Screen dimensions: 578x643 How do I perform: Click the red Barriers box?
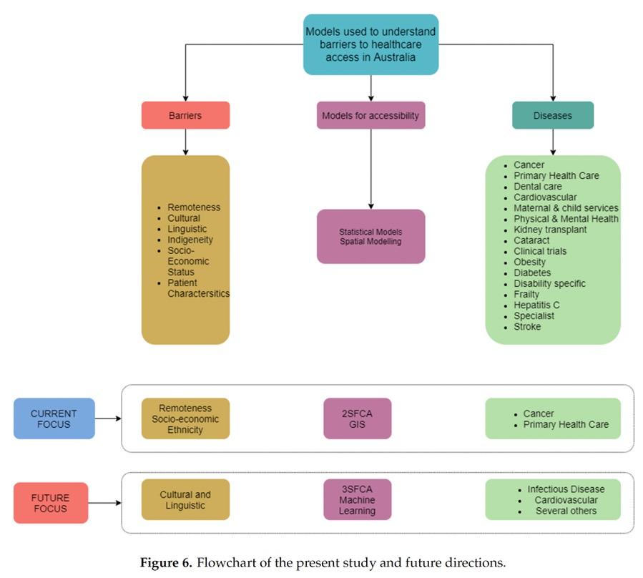click(x=185, y=115)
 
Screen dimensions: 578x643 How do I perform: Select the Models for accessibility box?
click(x=370, y=115)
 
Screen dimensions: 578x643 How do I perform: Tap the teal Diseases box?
click(x=552, y=115)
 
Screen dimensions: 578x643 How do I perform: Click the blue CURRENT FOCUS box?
click(x=54, y=418)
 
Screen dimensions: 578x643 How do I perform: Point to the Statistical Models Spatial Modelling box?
click(x=370, y=237)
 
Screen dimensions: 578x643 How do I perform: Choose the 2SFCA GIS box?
click(x=357, y=418)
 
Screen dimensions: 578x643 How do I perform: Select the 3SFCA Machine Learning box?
click(x=357, y=499)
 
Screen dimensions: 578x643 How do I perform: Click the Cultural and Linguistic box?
click(x=185, y=499)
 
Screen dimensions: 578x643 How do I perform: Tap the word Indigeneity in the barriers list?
click(x=190, y=240)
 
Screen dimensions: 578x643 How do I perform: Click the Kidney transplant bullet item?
click(x=550, y=230)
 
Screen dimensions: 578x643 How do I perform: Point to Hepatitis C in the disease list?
click(x=536, y=305)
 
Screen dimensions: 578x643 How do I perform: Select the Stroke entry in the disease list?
click(x=527, y=326)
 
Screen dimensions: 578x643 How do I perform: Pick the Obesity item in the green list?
click(x=529, y=262)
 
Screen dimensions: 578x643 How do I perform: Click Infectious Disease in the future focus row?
click(x=566, y=489)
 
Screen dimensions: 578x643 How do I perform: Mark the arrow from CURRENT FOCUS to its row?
click(x=107, y=418)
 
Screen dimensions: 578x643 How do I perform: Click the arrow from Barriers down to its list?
click(x=185, y=142)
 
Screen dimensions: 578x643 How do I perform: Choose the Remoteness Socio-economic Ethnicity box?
click(x=185, y=418)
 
